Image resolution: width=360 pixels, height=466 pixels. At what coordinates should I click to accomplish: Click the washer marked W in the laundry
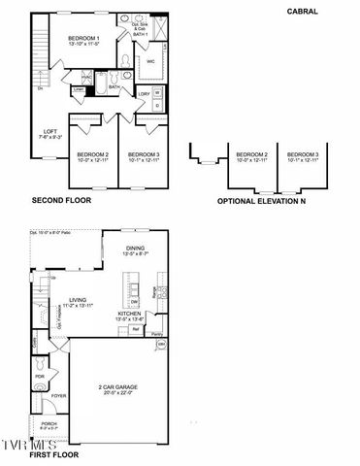[159, 92]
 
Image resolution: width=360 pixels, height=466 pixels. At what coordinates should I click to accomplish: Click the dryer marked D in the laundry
[159, 105]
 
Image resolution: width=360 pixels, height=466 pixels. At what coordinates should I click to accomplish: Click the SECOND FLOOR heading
[61, 201]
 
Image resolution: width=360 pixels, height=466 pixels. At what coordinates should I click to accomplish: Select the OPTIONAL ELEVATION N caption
[262, 202]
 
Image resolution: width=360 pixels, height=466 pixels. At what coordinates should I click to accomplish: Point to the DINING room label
[136, 249]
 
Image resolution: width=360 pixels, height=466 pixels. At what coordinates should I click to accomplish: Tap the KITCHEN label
[131, 314]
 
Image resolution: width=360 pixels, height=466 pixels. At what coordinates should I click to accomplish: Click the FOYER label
[58, 395]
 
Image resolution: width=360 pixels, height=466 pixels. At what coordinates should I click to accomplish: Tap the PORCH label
[49, 424]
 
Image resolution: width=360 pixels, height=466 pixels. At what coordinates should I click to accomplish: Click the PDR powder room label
[40, 377]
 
